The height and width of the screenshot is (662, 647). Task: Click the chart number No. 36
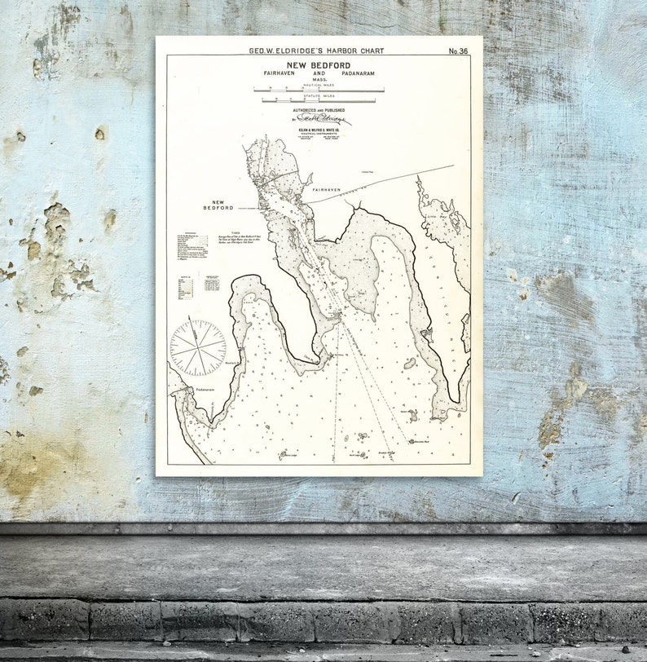(458, 51)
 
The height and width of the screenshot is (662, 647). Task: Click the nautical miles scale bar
(319, 90)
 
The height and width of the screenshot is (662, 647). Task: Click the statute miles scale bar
(319, 101)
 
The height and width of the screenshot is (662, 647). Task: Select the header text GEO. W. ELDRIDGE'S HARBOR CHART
(316, 51)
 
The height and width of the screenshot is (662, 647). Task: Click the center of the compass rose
(198, 348)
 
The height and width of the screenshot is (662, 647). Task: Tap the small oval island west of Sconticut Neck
(409, 363)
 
